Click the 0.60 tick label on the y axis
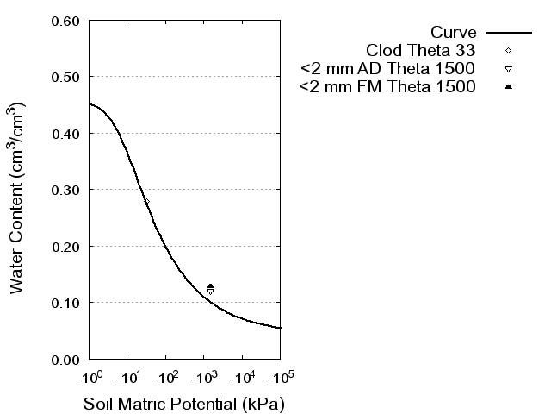tap(66, 21)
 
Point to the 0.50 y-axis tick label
tap(66, 77)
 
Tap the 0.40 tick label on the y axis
tap(66, 134)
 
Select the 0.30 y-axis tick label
tap(66, 190)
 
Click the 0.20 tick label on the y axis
tap(66, 247)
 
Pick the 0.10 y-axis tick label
tap(66, 303)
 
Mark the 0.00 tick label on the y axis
tap(66, 359)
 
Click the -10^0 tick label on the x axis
tap(90, 377)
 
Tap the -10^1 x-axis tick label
tap(127, 377)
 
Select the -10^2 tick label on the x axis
tap(165, 377)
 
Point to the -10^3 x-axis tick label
tap(204, 377)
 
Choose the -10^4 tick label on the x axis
tap(242, 377)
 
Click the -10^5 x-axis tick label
tap(280, 377)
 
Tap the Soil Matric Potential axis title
tap(183, 404)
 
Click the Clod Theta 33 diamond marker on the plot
tap(146, 202)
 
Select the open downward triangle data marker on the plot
tap(210, 292)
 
